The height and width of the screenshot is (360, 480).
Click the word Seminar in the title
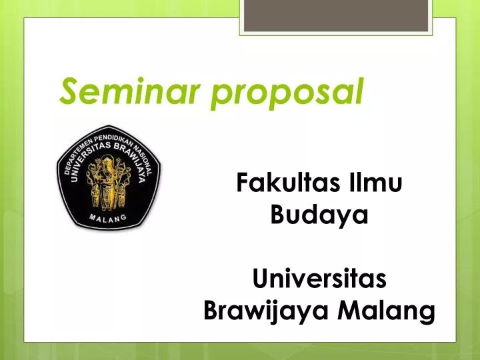coord(126,91)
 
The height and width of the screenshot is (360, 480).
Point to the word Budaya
coord(319,215)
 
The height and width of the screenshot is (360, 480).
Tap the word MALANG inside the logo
coord(109,218)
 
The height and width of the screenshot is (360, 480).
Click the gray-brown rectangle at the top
coord(335,15)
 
